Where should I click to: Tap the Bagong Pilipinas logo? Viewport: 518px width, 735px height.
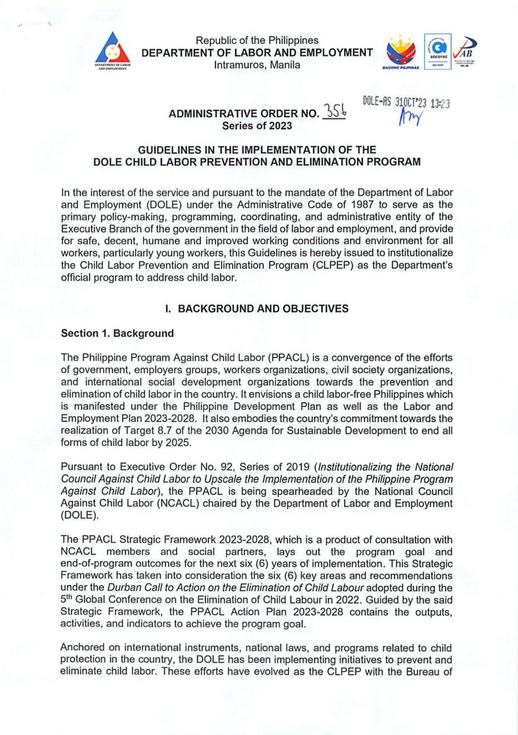(401, 52)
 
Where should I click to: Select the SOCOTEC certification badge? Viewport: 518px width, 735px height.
(438, 51)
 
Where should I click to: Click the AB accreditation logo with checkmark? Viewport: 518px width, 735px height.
(464, 51)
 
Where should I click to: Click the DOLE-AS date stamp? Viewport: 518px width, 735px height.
(406, 102)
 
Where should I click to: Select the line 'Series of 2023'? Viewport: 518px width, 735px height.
(257, 126)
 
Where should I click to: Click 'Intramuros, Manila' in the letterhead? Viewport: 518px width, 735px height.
(257, 65)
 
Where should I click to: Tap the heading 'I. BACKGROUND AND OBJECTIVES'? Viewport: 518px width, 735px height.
(257, 309)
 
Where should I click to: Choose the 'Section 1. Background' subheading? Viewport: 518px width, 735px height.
(117, 334)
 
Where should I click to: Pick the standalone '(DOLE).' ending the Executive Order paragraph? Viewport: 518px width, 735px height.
(80, 516)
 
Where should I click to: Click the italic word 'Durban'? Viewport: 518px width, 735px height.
(124, 588)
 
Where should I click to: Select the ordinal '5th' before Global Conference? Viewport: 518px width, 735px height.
(67, 600)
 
